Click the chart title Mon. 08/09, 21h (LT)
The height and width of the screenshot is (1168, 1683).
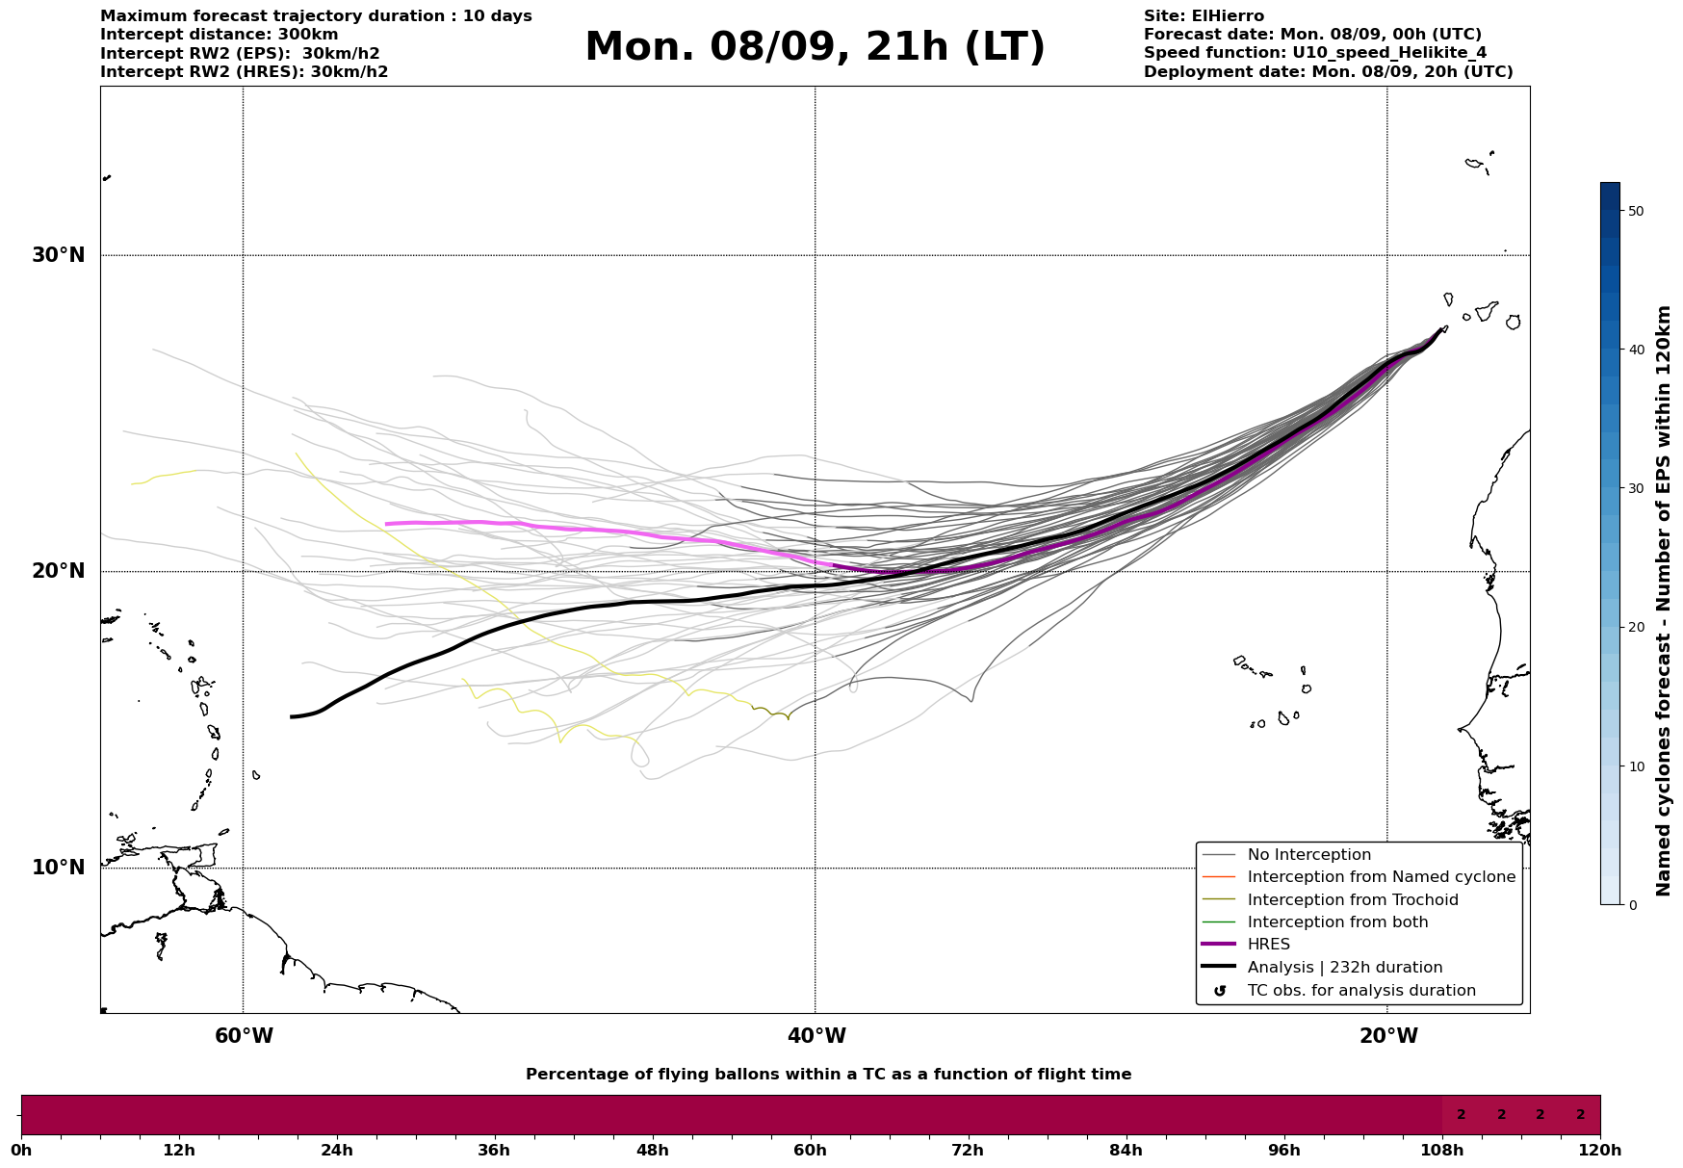pos(815,47)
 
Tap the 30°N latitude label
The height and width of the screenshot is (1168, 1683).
pos(58,255)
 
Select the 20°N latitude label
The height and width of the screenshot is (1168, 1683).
pos(58,571)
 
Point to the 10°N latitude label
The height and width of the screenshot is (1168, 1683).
pos(58,868)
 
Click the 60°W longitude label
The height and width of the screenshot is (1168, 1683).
pos(243,1036)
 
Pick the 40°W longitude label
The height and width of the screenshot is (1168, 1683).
pos(816,1036)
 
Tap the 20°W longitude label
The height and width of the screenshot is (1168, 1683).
pos(1387,1036)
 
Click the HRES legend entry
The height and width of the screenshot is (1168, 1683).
pos(1268,945)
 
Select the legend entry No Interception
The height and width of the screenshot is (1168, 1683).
pos(1308,855)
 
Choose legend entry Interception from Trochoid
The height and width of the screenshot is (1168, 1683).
pos(1352,900)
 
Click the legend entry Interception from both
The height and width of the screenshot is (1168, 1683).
pos(1337,922)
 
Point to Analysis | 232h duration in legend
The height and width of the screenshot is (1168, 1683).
pos(1344,968)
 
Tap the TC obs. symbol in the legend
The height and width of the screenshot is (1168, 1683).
pos(1220,991)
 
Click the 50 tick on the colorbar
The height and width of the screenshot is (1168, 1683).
pos(1635,211)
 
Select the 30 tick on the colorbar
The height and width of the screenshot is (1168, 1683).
pos(1635,488)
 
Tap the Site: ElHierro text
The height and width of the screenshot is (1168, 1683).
pos(1204,16)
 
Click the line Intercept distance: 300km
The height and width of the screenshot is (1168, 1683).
pos(220,35)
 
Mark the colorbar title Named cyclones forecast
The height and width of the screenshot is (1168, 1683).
pos(1664,600)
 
